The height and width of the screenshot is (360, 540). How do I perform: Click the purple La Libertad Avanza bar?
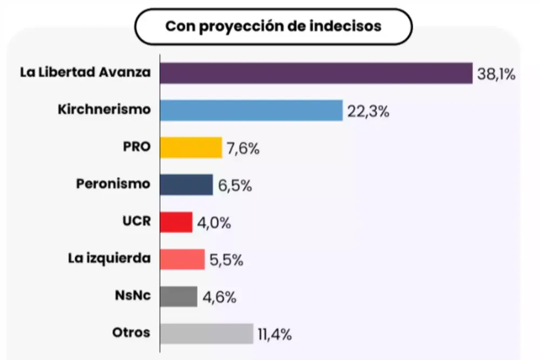(316, 73)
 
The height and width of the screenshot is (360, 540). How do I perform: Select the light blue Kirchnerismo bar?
(252, 110)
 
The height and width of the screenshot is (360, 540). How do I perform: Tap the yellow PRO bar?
(191, 147)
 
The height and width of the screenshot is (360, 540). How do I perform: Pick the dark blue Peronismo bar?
(187, 185)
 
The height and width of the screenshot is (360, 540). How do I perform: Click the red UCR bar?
(177, 222)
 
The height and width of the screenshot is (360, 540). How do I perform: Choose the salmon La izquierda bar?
(183, 259)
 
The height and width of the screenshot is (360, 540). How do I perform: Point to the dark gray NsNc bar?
(179, 296)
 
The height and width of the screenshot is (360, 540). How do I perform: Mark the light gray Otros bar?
(207, 334)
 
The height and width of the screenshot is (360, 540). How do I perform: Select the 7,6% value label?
(243, 148)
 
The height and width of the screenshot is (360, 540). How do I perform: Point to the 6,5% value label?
(235, 186)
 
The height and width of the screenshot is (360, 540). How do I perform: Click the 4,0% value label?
(214, 223)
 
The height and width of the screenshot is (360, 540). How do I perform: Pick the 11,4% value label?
(275, 335)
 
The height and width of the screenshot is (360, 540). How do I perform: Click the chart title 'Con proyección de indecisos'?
(273, 26)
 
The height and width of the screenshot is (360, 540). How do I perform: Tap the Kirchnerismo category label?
(104, 109)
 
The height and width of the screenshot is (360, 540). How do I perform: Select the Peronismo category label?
(112, 184)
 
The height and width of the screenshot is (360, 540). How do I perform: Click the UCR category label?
(137, 221)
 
